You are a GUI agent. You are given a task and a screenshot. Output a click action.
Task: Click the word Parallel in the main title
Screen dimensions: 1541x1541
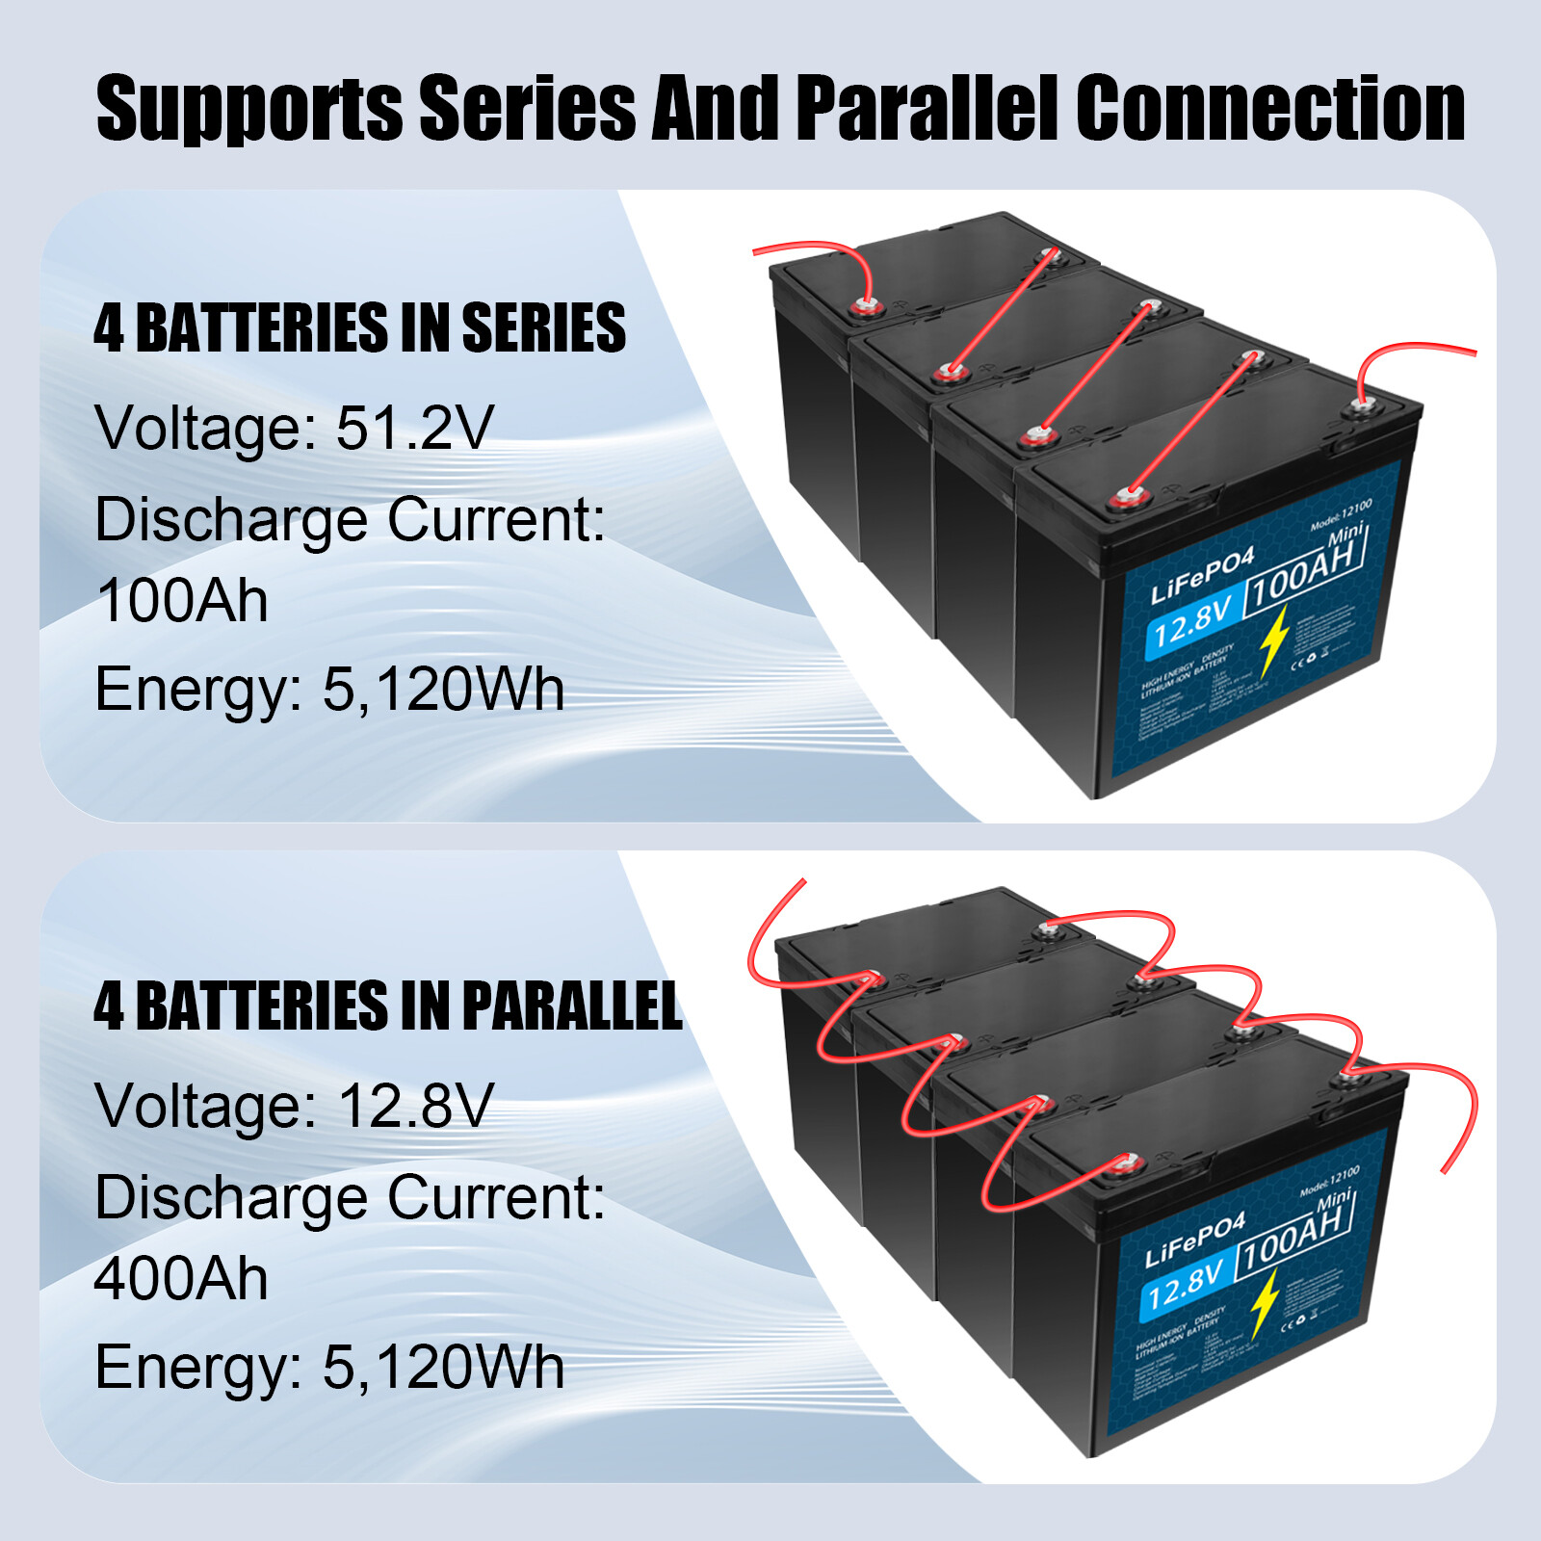tap(927, 108)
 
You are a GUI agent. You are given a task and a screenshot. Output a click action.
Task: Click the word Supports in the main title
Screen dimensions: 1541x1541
tap(248, 110)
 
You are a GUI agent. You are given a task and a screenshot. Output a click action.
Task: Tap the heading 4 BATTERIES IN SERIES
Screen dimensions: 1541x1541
tap(359, 327)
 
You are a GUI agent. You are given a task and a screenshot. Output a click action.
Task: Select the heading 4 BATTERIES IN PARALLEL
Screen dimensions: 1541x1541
tap(387, 1006)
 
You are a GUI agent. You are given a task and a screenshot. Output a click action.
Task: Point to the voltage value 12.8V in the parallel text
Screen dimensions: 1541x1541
tap(415, 1105)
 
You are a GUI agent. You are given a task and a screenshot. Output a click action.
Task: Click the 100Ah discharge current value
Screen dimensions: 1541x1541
tap(181, 600)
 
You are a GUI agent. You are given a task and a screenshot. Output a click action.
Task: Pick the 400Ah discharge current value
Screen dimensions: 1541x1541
tap(181, 1278)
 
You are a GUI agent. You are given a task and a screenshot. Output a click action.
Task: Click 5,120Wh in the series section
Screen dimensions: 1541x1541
tap(443, 690)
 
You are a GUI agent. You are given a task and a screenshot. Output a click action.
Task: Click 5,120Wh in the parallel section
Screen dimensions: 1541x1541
tap(443, 1367)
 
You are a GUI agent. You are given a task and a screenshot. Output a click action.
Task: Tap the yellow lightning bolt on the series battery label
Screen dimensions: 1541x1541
tap(1274, 640)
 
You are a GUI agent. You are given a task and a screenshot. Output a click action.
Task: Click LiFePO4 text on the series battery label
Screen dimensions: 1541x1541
tap(1202, 575)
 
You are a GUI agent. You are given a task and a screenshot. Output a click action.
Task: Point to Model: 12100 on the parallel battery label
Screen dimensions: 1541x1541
tap(1329, 1181)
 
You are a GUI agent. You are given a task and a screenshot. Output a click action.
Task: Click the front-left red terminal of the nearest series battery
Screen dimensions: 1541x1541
tap(1122, 499)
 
